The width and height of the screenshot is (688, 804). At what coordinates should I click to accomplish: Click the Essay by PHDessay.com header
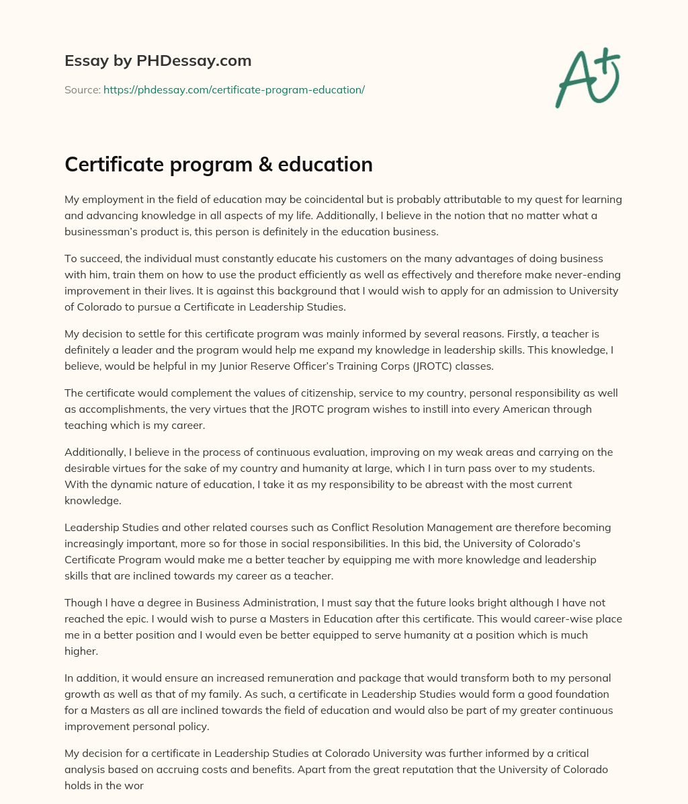(x=158, y=61)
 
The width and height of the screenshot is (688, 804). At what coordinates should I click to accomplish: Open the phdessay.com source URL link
(x=234, y=89)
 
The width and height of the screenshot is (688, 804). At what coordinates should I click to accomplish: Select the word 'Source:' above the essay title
(x=82, y=89)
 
